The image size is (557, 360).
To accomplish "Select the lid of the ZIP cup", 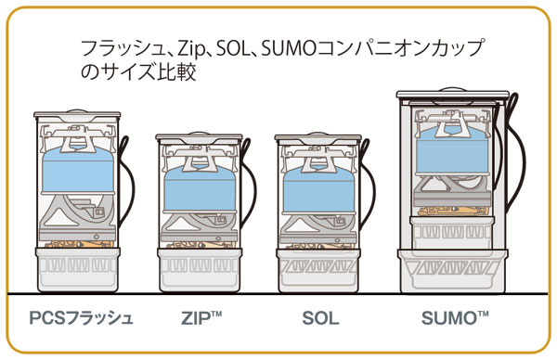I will pos(200,138).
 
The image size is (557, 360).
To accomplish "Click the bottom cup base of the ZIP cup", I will pos(200,271).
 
